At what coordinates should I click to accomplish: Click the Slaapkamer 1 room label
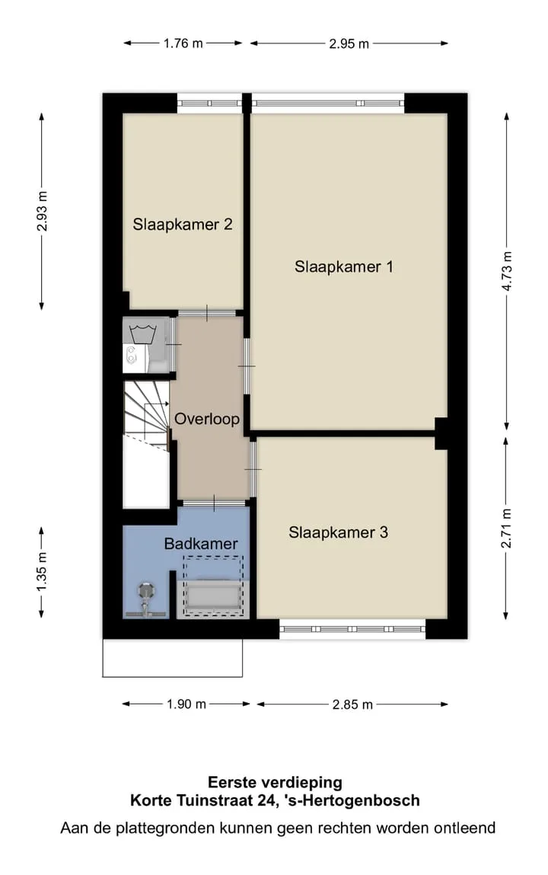[x=343, y=267]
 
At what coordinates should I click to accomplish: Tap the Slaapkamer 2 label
[x=183, y=225]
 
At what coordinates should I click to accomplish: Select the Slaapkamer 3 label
[x=338, y=532]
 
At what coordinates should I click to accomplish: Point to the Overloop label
[x=207, y=419]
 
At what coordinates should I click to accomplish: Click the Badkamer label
[x=201, y=544]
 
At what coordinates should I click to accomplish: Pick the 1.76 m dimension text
[x=183, y=43]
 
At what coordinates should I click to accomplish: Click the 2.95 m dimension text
[x=349, y=43]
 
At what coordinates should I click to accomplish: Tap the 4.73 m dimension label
[x=507, y=271]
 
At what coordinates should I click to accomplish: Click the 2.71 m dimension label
[x=506, y=528]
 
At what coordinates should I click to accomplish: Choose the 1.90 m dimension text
[x=186, y=704]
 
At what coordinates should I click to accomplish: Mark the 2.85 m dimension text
[x=352, y=705]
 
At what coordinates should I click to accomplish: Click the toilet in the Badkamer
[x=146, y=599]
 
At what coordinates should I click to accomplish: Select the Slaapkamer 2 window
[x=209, y=104]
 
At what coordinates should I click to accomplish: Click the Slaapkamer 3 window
[x=352, y=629]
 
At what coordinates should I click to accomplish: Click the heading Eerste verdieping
[x=275, y=782]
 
